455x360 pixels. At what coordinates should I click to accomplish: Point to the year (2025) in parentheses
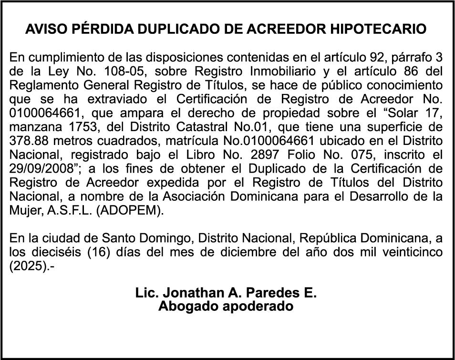[x=27, y=266]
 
